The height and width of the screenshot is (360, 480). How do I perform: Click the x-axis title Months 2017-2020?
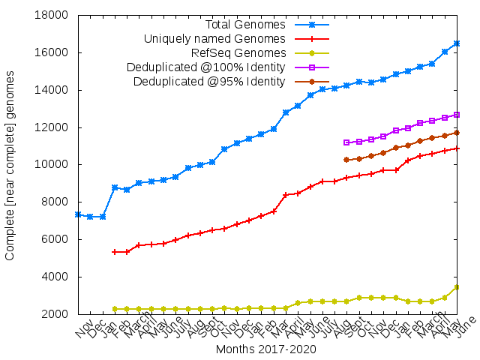[x=265, y=349]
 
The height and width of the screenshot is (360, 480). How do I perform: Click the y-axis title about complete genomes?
[x=10, y=165]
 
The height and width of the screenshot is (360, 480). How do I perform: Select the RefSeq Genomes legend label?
[x=238, y=53]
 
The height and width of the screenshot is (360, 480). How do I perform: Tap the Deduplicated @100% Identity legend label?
[x=206, y=67]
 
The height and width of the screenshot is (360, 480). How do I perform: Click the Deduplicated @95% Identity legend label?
[x=209, y=81]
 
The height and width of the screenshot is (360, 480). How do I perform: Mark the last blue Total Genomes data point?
[x=457, y=43]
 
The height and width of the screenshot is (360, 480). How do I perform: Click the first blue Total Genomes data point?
[x=78, y=214]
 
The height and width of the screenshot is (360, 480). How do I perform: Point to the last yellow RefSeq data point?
[x=457, y=287]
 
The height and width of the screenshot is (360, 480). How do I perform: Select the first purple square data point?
[x=346, y=142]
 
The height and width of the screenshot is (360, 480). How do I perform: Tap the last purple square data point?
[x=457, y=115]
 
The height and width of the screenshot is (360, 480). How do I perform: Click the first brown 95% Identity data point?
[x=346, y=160]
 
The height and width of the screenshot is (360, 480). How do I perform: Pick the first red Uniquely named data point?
[x=115, y=252]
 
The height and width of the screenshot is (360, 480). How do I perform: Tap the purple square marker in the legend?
[x=312, y=67]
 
